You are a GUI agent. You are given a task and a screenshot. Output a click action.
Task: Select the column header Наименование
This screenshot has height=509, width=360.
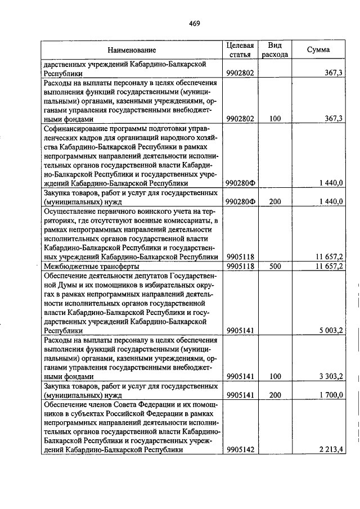point(132,51)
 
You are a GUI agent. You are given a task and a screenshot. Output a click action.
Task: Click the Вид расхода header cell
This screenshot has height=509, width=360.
point(275,50)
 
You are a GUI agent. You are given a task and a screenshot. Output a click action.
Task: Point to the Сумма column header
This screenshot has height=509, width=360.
point(318,50)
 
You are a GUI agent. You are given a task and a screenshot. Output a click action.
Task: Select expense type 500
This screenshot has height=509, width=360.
point(275,266)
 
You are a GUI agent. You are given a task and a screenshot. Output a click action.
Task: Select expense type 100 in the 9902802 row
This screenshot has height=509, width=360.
point(275,119)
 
